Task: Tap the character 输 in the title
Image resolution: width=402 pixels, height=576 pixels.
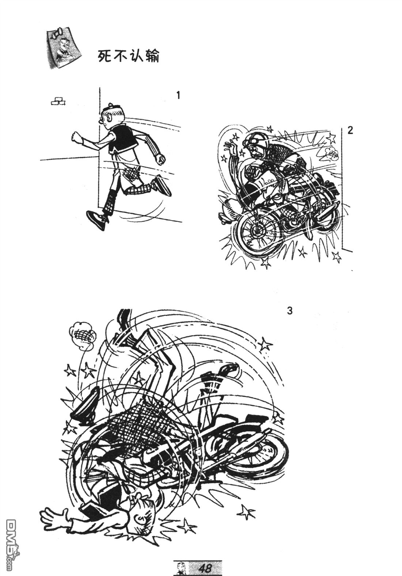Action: point(152,56)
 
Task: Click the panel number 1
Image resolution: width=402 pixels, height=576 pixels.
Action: point(178,95)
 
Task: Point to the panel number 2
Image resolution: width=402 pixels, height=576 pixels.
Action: point(350,130)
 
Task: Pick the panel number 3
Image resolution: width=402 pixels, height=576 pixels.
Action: point(289,311)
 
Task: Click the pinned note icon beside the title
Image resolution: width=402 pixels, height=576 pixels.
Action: point(63,49)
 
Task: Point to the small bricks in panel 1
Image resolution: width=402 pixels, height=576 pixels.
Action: point(58,101)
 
